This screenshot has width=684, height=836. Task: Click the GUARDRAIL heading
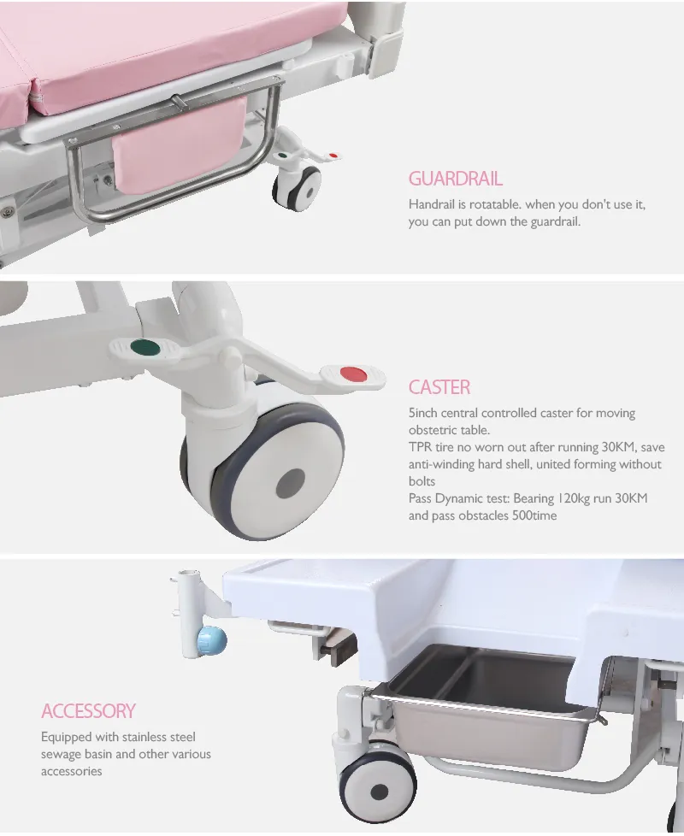point(456,179)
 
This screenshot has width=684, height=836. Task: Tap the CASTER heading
point(439,387)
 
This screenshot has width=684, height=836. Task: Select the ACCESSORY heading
point(89,711)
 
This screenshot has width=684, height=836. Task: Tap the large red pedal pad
point(352,374)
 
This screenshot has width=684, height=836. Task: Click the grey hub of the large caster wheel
point(291,483)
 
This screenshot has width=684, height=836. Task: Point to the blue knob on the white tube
point(211,641)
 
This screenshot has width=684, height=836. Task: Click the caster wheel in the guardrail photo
point(297,188)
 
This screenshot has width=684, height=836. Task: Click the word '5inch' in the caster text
point(423,413)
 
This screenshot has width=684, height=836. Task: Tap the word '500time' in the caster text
point(534,515)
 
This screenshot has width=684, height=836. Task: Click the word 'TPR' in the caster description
point(420,447)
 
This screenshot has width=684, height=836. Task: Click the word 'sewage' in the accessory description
point(62,755)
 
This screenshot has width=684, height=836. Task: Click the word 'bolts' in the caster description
point(422,481)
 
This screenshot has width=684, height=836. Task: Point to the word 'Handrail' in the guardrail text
point(431,204)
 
